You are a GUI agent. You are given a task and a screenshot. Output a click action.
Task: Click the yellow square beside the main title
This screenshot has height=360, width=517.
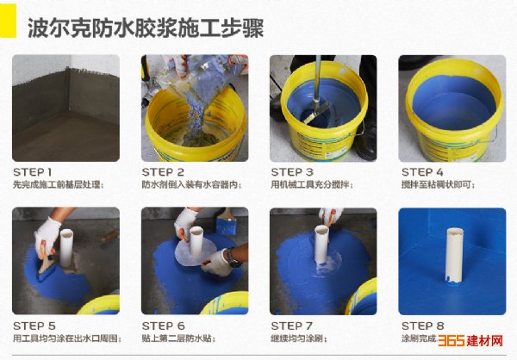pos(7,21)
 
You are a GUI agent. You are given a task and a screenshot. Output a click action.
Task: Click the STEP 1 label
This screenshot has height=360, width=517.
pos(33,172)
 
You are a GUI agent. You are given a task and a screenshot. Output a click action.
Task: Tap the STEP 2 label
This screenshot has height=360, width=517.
pos(163,172)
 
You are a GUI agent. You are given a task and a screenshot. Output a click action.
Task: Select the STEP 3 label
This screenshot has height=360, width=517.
pos(292,172)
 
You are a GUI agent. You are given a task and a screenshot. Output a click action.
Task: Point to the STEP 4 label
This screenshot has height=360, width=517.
pos(422,172)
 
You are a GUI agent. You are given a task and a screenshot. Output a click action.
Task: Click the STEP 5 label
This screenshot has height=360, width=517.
pos(34,326)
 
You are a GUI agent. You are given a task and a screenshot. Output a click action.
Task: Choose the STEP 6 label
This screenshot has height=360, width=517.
pos(163,326)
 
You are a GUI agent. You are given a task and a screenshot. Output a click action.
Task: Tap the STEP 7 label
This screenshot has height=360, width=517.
pos(291,326)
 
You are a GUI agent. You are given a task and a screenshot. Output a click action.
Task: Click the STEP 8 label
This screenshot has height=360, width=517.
pos(423,326)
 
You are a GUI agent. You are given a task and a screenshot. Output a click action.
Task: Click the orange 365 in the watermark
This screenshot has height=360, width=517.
pos(452,340)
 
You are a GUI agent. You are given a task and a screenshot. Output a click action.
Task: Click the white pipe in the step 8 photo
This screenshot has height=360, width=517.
pos(454,256)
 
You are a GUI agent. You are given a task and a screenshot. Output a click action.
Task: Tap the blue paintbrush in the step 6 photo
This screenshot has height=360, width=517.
pos(227,222)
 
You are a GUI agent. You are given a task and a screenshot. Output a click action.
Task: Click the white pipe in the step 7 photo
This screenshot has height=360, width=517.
pos(321,245)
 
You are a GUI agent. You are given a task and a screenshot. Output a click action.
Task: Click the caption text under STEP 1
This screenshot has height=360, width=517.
pos(59,184)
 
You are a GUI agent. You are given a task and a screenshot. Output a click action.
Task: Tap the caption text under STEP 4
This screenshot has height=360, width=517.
pos(439,184)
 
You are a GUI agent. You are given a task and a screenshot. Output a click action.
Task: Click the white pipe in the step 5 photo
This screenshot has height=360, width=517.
pos(66,248)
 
